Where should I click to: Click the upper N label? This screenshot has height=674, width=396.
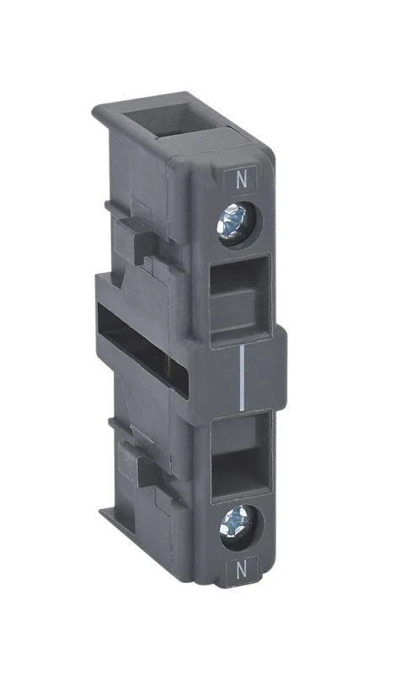pyautogui.click(x=242, y=180)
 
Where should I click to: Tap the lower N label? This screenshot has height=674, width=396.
pyautogui.click(x=242, y=572)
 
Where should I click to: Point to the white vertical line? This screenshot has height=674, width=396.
pyautogui.click(x=243, y=377)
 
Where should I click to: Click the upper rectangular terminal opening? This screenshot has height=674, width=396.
pyautogui.click(x=241, y=300)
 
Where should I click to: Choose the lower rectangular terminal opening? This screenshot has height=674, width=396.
pyautogui.click(x=240, y=456)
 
